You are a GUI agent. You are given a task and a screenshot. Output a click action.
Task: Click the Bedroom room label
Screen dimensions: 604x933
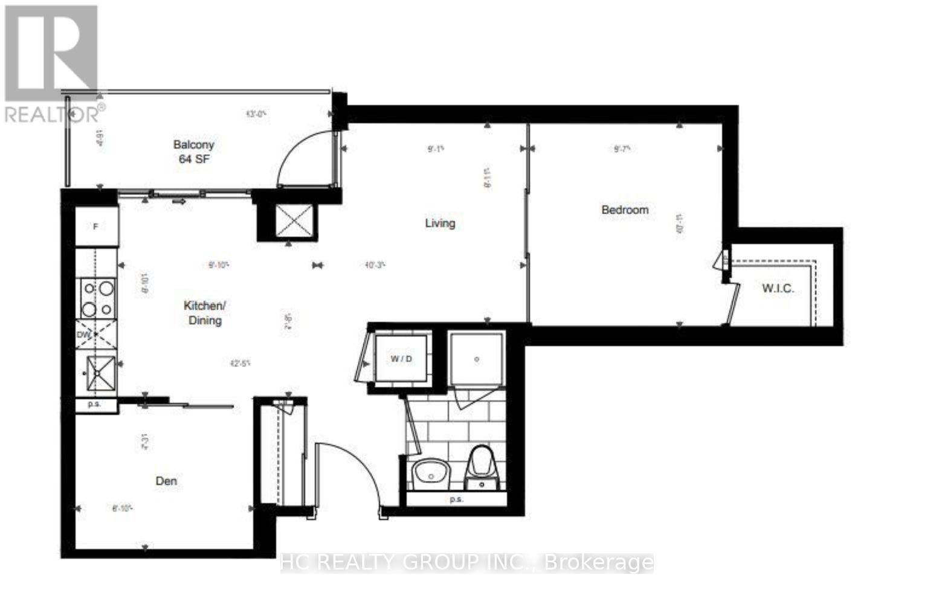tap(625, 210)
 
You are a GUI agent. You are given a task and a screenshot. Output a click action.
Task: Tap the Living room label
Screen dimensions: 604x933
tap(440, 223)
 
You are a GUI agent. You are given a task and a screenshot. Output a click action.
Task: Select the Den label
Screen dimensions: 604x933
tap(166, 481)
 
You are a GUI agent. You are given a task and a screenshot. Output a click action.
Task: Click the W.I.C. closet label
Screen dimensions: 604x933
tap(778, 289)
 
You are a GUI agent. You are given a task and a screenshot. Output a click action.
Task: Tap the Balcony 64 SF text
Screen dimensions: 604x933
tap(194, 152)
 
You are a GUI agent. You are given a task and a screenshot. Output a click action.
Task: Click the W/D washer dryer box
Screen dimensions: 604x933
tap(401, 359)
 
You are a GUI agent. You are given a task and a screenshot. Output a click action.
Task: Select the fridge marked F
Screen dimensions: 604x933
tap(96, 226)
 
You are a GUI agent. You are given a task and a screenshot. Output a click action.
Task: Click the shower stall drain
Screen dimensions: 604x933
tap(476, 359)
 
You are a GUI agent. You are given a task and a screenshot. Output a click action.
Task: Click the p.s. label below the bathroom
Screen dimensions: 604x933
tap(456, 500)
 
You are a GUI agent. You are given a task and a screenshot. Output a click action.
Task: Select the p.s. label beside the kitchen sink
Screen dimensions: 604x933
tap(94, 405)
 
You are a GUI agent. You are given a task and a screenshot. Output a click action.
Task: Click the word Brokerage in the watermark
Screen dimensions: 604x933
tap(598, 563)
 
